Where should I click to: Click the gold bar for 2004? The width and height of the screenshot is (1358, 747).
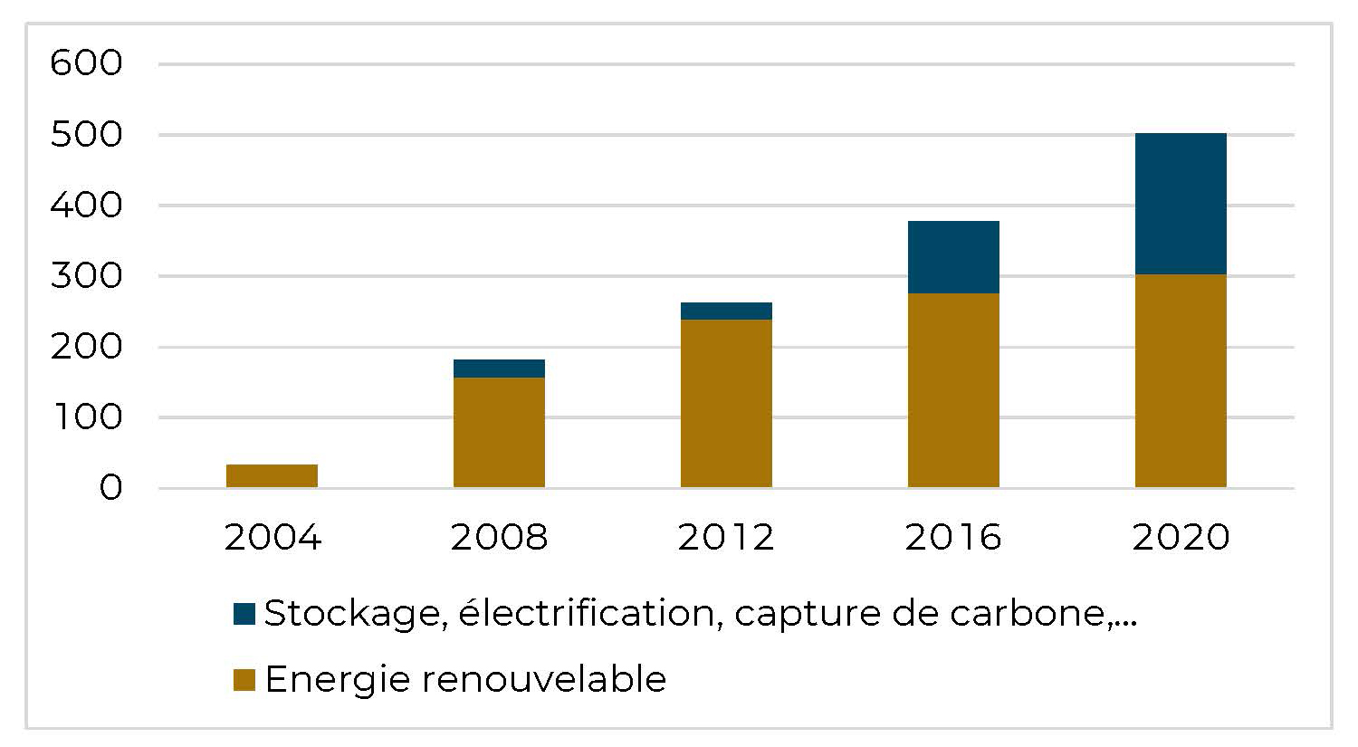272,476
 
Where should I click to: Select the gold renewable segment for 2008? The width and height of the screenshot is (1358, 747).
499,433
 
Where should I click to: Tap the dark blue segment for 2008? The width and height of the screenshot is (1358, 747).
499,369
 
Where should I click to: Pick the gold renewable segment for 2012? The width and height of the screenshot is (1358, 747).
726,404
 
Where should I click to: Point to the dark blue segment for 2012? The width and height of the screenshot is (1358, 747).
726,311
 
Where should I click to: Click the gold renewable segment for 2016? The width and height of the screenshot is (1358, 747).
953,390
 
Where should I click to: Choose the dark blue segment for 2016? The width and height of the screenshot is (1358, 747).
953,257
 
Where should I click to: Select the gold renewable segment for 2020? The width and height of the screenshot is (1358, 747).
1181,380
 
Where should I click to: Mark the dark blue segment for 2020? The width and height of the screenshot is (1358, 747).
1181,204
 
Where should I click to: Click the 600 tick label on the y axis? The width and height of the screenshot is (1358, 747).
86,64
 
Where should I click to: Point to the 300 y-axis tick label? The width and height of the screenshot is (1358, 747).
86,276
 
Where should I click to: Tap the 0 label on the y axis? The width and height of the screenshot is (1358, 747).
110,489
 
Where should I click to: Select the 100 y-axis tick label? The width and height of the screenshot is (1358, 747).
86,418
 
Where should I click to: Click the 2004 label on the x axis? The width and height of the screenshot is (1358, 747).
272,538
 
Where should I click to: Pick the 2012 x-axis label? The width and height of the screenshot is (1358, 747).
726,538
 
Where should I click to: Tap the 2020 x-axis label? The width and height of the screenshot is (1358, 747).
1181,538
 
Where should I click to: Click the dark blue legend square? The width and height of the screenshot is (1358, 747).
244,615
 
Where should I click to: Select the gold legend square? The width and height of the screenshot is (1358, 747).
244,680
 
